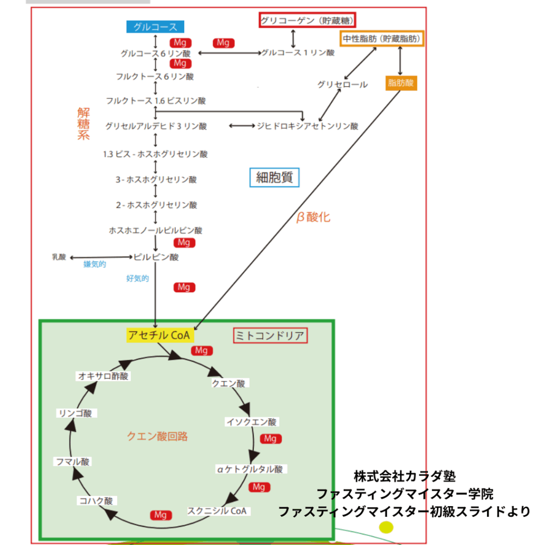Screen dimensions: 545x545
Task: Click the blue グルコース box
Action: point(155,27)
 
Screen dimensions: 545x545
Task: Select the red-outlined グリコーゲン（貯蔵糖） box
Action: point(308,21)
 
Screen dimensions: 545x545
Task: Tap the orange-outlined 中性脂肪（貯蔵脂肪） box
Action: point(382,39)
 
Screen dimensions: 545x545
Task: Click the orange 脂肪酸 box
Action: point(400,82)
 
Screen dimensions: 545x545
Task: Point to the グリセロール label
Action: point(342,85)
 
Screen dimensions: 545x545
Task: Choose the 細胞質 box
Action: point(275,178)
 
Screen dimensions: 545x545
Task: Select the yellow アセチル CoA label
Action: point(160,335)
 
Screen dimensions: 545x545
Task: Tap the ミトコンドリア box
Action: point(271,335)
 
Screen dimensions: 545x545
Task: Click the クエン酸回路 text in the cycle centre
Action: point(157,436)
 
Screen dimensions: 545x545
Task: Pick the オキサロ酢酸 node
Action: point(103,376)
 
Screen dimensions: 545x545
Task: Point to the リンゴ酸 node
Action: point(77,413)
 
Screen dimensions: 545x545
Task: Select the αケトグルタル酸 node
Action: point(251,469)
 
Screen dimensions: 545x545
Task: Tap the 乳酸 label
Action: point(59,257)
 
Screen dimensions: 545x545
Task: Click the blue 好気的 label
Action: point(137,278)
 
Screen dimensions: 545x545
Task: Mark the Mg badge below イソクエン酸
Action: point(270,439)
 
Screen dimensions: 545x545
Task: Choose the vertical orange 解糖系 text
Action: point(84,123)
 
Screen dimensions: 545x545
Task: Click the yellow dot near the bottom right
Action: point(386,527)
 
